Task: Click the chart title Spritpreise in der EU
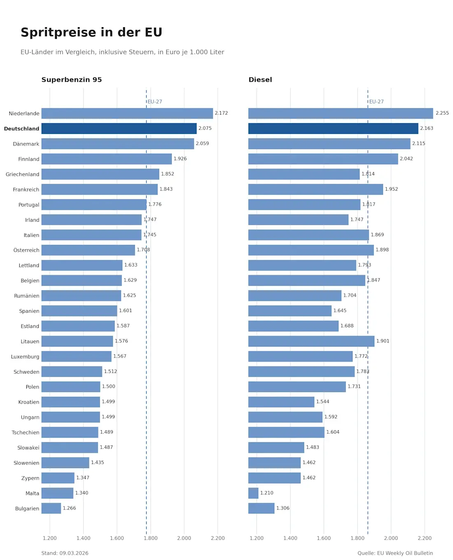point(91,32)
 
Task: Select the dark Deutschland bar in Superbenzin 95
point(119,129)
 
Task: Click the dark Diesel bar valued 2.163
point(333,129)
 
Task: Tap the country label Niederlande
point(24,113)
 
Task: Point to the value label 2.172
point(221,113)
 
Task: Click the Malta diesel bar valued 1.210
point(253,493)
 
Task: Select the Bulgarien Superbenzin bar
point(51,508)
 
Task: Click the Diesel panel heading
point(260,80)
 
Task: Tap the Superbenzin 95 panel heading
point(72,80)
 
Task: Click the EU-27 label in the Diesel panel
point(376,101)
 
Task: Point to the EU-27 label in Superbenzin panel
point(155,101)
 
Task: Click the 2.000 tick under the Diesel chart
point(391,538)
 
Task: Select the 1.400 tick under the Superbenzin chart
point(83,538)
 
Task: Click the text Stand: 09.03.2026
point(65,553)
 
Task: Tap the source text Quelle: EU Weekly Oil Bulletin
point(395,553)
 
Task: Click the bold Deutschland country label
point(21,129)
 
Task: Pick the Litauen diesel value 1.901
point(383,341)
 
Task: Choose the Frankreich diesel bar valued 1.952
point(315,189)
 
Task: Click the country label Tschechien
point(26,432)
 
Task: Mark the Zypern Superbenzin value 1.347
point(83,478)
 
